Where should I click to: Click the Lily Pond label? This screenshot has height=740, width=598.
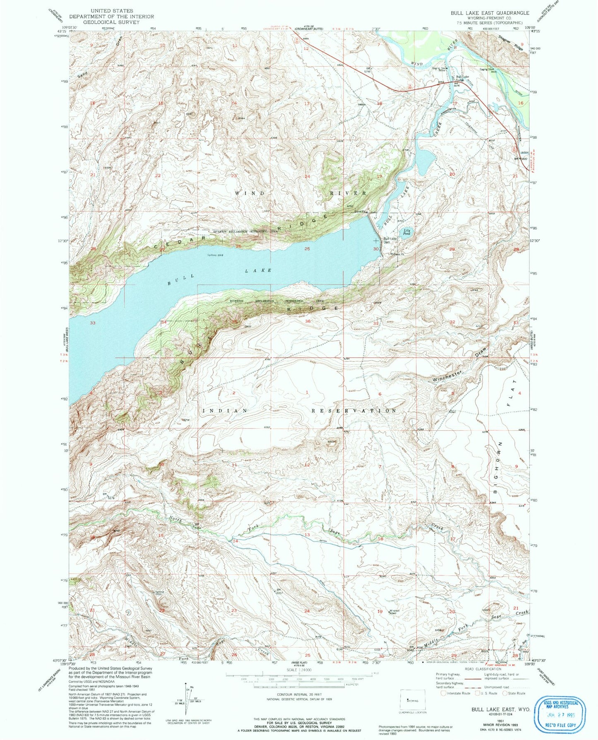[407, 232]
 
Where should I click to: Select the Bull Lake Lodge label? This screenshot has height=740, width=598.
[462, 78]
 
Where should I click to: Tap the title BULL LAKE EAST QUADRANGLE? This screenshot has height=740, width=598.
[490, 13]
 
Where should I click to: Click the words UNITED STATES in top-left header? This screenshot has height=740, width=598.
[112, 11]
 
